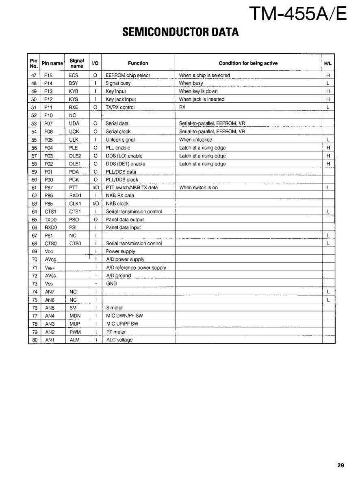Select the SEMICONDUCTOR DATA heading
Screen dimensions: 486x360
180,32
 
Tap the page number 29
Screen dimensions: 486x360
340,465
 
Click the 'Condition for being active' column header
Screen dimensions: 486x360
248,63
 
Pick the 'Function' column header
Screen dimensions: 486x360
138,63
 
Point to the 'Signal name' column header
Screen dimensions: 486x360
76,63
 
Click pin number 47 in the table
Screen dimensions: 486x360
34,76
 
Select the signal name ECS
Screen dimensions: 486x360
74,76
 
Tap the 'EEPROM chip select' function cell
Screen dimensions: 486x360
128,76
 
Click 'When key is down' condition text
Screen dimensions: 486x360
198,91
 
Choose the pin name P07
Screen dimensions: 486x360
49,123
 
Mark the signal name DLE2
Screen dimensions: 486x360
75,156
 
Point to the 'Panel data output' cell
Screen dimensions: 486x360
125,220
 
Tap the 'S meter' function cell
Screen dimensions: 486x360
114,308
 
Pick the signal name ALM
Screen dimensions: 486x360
75,340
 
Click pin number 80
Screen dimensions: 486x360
34,340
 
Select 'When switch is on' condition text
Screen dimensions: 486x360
198,188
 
